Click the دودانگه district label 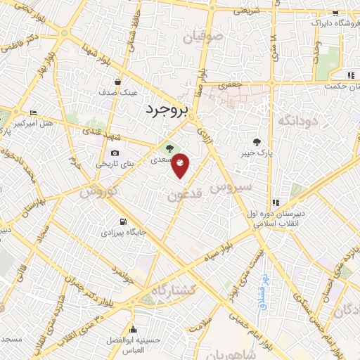tap(298, 120)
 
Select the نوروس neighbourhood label tap(98, 191)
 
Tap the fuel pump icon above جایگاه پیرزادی tap(123, 221)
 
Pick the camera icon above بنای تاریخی tap(115, 153)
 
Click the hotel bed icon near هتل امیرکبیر tap(33, 113)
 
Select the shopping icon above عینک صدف tap(117, 82)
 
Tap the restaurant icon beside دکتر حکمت tap(349, 76)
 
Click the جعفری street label tap(229, 85)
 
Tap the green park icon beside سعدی tap(168, 148)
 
